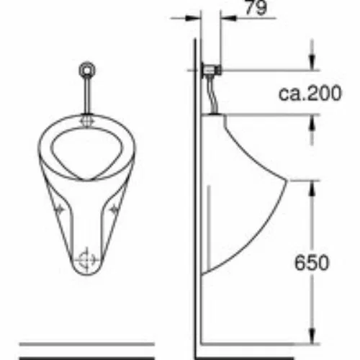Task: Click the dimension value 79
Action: (x=256, y=8)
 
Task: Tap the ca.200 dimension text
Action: (x=310, y=93)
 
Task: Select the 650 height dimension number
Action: (x=312, y=263)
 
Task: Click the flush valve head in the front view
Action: (x=87, y=69)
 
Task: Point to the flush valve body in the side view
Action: (x=212, y=71)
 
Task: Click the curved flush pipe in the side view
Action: (x=214, y=95)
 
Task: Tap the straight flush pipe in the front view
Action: (x=87, y=95)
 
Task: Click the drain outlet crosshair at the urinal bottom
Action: (x=86, y=260)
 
